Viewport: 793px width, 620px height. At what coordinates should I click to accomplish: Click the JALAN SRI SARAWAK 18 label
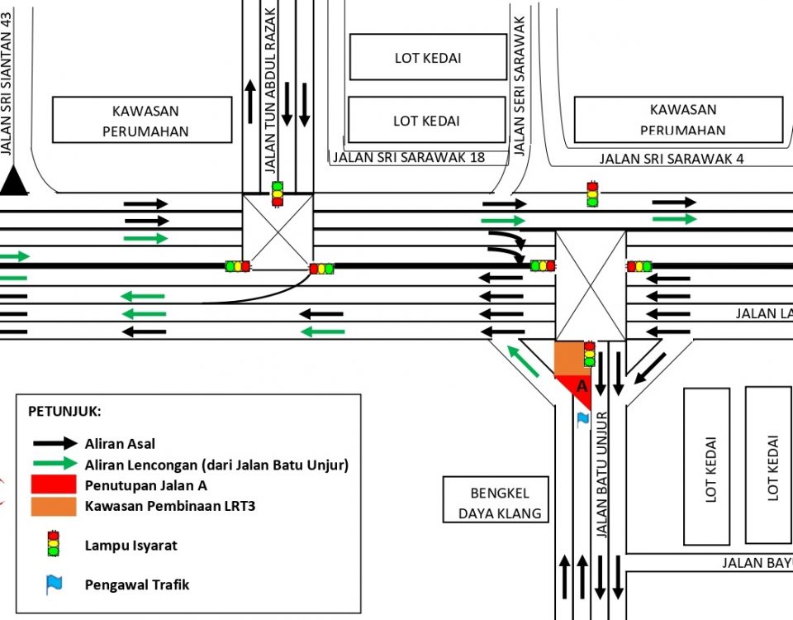[x=408, y=157]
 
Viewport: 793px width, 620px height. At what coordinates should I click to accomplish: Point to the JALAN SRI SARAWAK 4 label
[x=672, y=159]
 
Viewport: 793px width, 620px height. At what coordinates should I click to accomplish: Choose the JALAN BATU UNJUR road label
[x=602, y=475]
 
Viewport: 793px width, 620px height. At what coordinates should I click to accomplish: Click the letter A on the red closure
[x=582, y=386]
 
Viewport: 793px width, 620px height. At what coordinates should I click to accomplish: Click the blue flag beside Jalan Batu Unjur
[x=583, y=419]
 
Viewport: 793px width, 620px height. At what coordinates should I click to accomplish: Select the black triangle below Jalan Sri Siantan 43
[x=13, y=181]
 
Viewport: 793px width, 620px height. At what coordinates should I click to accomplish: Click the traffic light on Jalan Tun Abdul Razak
[x=278, y=194]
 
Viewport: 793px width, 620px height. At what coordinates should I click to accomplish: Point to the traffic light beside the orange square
[x=589, y=354]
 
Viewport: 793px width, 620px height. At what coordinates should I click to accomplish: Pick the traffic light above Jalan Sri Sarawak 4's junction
[x=591, y=194]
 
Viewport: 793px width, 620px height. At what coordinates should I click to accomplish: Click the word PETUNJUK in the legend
[x=64, y=412]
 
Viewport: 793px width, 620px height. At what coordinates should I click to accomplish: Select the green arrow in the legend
[x=55, y=465]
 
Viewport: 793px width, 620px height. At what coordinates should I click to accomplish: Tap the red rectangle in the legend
[x=55, y=485]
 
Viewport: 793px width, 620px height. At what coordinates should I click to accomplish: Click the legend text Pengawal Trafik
[x=137, y=584]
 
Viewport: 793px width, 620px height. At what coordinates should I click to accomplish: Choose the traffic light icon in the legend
[x=54, y=543]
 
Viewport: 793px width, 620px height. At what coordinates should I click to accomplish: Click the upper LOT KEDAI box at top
[x=428, y=58]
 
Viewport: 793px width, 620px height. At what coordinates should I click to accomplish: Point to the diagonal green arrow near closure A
[x=523, y=362]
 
